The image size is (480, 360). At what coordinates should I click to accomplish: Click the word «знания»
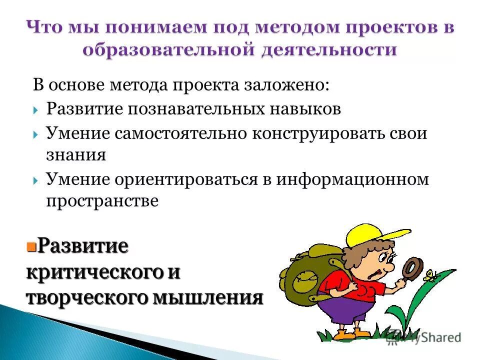click(76, 154)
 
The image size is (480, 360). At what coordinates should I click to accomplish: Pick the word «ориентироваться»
click(184, 179)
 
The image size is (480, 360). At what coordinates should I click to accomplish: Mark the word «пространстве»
click(102, 200)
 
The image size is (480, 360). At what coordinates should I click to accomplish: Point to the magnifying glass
click(413, 267)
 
